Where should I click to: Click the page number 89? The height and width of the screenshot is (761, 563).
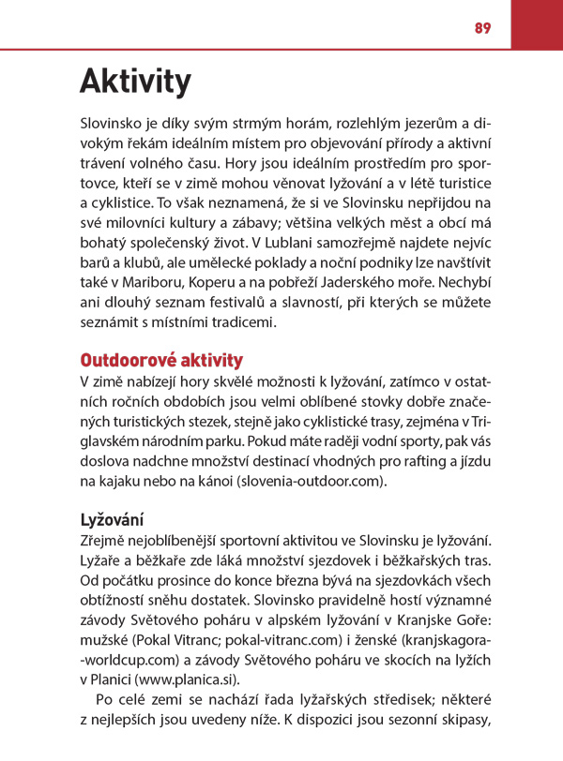tap(482, 28)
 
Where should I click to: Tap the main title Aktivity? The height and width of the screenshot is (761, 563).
tap(135, 82)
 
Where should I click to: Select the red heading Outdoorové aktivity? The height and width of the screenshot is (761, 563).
tap(161, 360)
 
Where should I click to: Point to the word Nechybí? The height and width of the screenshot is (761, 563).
tap(463, 282)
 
